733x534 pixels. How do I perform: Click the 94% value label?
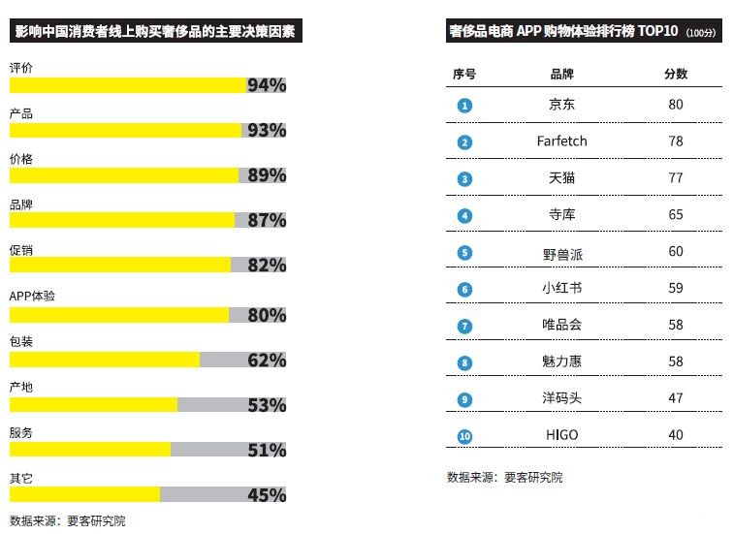[267, 85]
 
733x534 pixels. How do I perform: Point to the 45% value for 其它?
[267, 495]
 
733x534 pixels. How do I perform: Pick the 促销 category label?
[20, 250]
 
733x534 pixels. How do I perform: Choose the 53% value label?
[267, 405]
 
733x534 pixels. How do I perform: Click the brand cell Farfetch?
[561, 141]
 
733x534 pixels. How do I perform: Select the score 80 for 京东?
[676, 104]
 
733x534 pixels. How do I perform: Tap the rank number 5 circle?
[464, 253]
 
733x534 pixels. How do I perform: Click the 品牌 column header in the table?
[561, 74]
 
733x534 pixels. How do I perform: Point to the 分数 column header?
[676, 74]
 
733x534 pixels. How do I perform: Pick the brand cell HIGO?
[561, 435]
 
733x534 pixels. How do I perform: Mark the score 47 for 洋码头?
[676, 398]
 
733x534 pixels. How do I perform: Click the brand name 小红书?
[561, 288]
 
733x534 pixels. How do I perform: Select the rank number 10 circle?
[464, 436]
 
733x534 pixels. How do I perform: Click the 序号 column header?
[464, 74]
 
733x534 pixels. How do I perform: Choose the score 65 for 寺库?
[676, 214]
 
